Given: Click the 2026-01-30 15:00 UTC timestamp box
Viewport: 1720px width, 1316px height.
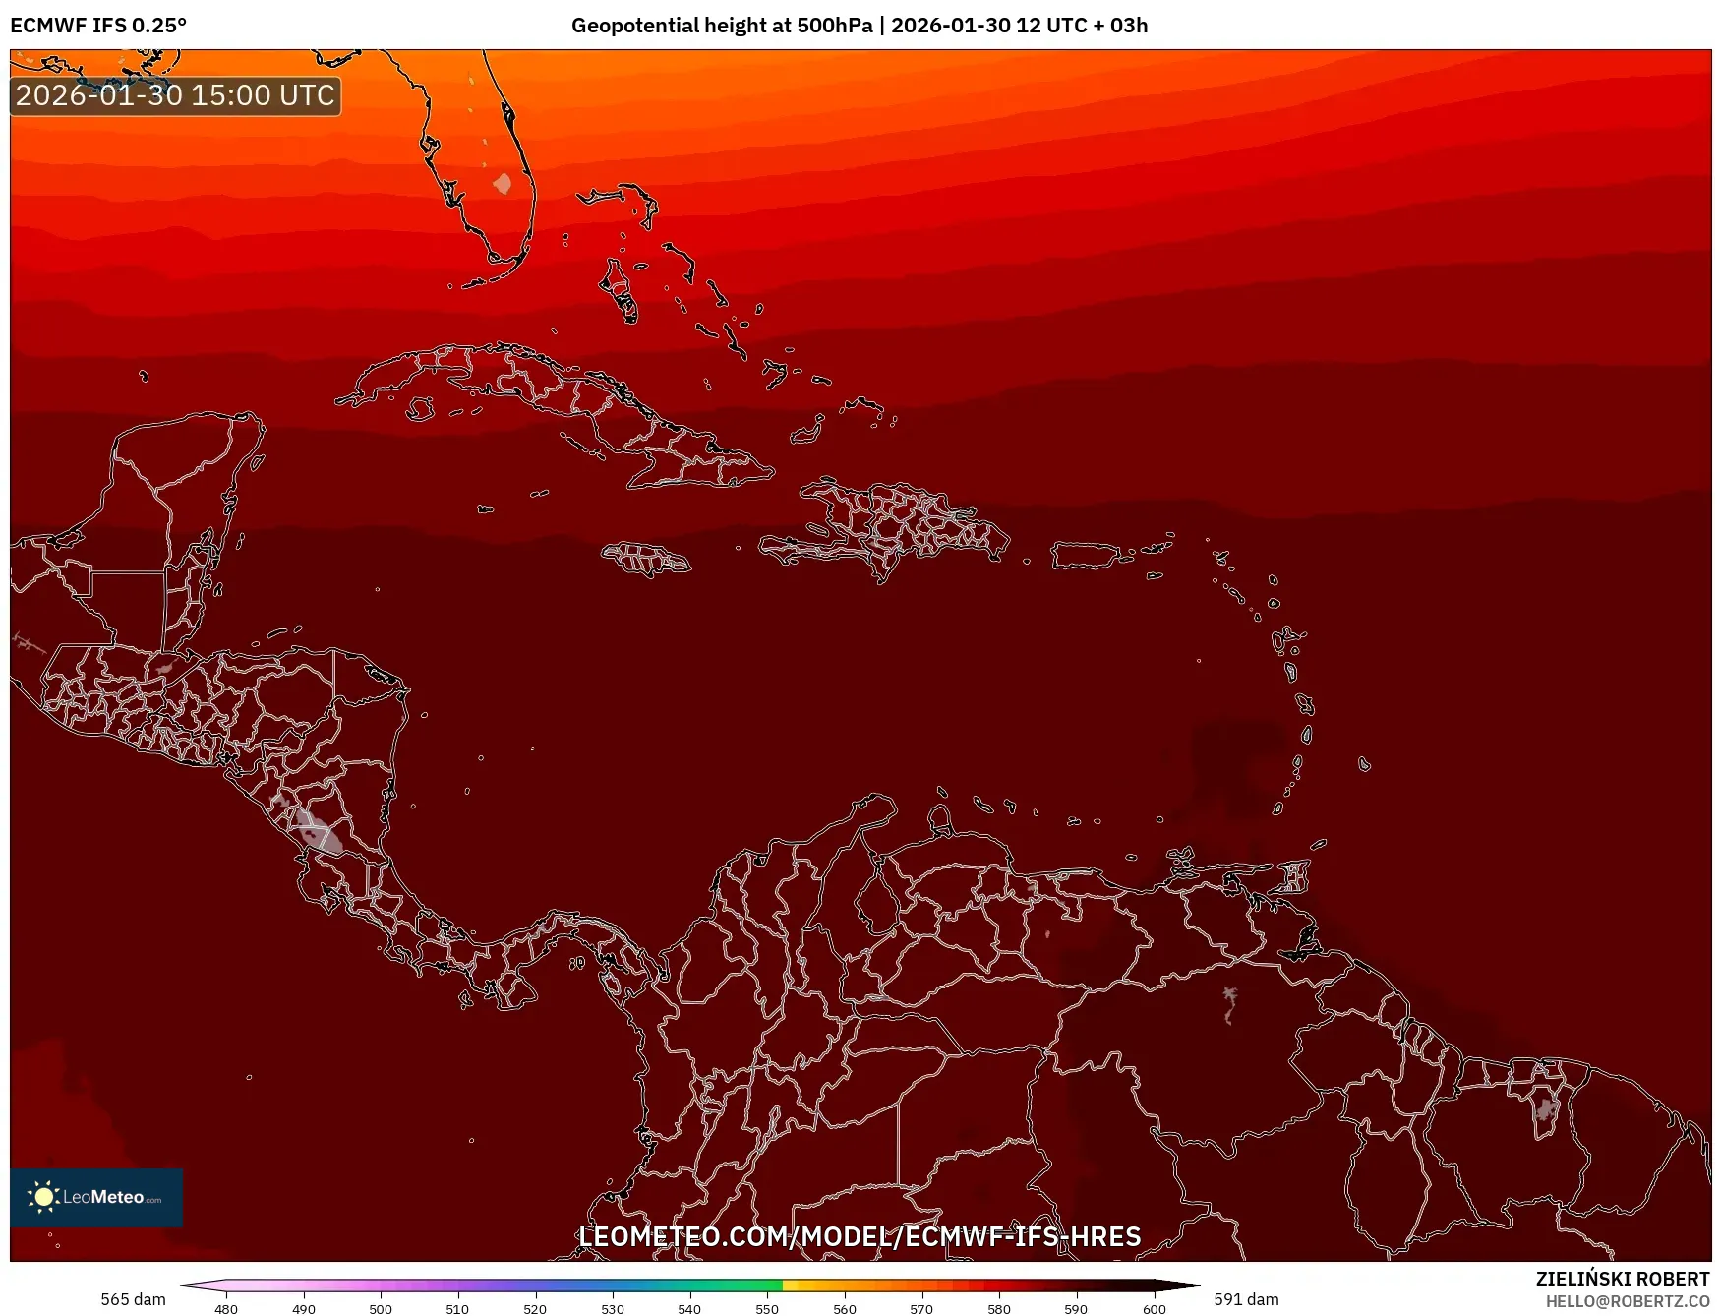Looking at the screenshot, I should coord(175,95).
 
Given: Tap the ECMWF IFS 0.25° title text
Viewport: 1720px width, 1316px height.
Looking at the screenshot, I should coord(98,26).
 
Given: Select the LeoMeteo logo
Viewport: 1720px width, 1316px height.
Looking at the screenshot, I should coord(95,1197).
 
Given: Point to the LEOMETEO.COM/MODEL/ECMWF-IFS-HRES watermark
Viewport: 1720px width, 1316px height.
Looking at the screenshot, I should coord(860,1236).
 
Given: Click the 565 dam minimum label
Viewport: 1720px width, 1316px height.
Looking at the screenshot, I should coord(133,1299).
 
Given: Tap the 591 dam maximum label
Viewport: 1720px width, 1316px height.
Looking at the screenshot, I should coord(1246,1299).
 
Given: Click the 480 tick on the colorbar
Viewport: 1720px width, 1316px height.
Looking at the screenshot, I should coord(226,1308).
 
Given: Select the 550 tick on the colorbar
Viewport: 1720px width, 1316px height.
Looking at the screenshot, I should coord(767,1308).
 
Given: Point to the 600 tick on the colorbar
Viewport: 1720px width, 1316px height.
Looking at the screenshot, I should coord(1154,1308).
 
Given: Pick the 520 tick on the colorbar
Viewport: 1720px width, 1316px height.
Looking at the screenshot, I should coord(535,1308).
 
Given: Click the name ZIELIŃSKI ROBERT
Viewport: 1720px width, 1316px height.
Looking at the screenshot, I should coord(1622,1279).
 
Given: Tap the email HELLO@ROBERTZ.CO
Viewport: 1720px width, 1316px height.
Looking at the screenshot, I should coord(1627,1301).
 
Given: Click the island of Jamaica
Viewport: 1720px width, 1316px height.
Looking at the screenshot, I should coord(645,559).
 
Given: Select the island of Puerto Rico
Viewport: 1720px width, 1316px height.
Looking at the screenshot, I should coord(1086,556).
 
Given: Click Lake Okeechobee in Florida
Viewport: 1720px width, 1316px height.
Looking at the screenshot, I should coord(503,183).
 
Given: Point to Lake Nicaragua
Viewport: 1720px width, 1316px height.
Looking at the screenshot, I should coord(318,828).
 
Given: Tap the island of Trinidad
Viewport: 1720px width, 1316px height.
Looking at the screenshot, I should coord(1293,875).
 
